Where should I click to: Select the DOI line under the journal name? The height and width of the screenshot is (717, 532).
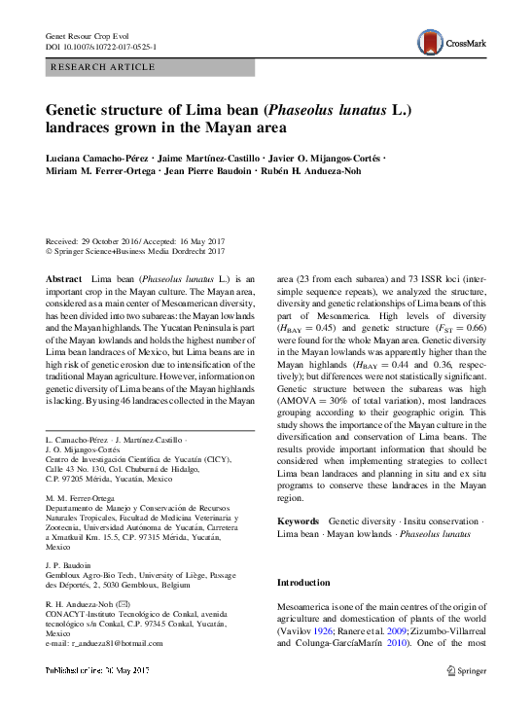pyautogui.click(x=102, y=47)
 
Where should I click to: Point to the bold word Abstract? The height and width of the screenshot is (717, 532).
pyautogui.click(x=64, y=278)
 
